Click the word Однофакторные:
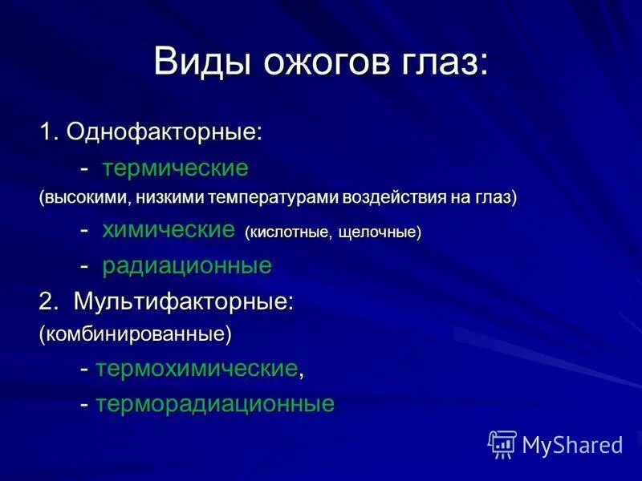[165, 132]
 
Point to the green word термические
[175, 168]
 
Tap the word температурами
[272, 197]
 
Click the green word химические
[168, 231]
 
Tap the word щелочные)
[380, 232]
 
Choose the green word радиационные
[187, 265]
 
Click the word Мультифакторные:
[184, 301]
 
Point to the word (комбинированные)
[136, 333]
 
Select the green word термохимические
[197, 369]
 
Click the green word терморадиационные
[215, 403]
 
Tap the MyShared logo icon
[502, 444]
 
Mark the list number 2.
[49, 301]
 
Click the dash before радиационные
[84, 265]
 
